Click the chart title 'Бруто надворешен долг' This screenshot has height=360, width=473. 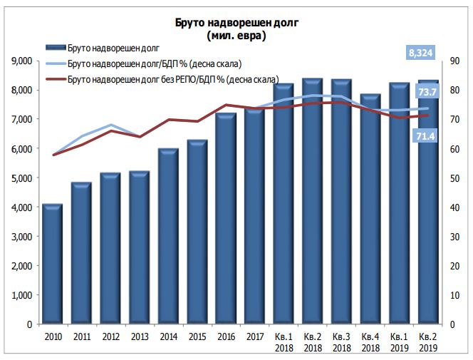236,24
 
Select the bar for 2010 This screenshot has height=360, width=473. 53,264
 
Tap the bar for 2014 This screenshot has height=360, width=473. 168,235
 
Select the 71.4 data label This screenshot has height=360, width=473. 426,135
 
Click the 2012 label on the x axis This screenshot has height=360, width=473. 110,336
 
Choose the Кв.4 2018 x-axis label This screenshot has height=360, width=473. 370,341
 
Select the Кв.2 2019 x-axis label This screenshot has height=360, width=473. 428,341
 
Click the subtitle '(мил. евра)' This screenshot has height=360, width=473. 236,36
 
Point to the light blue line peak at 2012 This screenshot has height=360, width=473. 110,125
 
